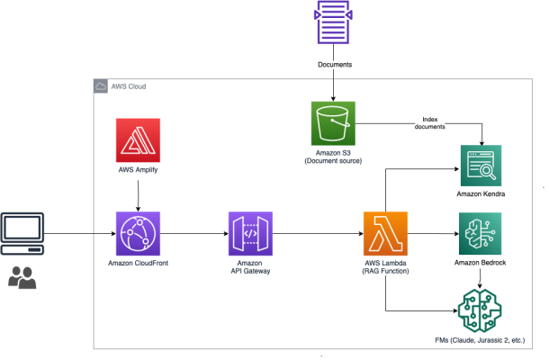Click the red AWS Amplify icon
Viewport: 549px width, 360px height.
click(138, 140)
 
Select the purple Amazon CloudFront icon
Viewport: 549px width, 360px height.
click(138, 235)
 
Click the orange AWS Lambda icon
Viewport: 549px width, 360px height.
click(385, 235)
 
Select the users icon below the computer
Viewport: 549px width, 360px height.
click(22, 278)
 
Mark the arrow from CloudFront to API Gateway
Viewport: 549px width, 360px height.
click(194, 235)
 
